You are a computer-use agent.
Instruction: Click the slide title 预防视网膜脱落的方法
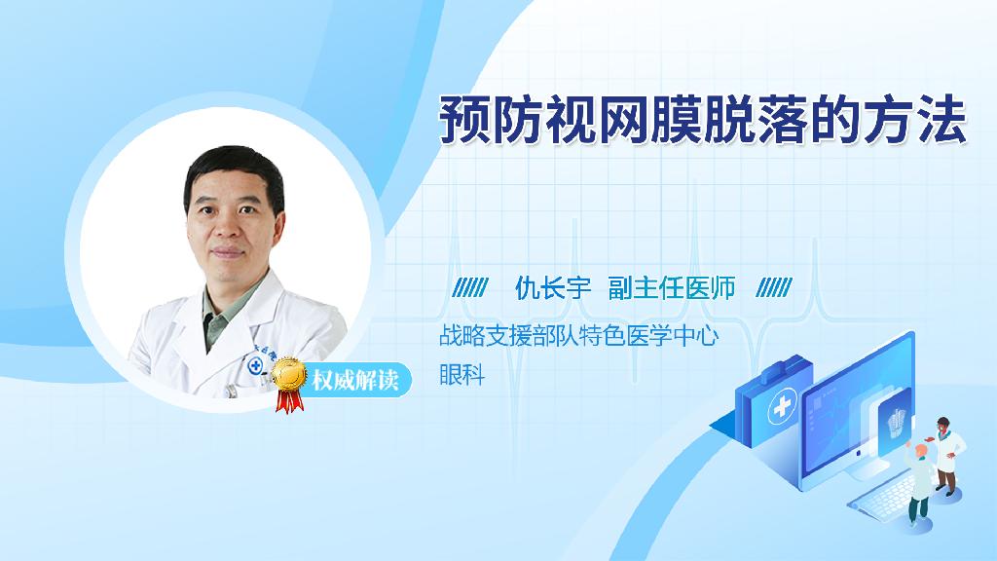click(703, 120)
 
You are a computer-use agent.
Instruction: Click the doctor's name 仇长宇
click(553, 288)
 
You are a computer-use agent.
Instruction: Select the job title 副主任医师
click(672, 288)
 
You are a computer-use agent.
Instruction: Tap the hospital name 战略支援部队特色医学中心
click(578, 336)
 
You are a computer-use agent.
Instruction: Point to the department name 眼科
click(462, 375)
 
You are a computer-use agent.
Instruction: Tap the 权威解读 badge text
click(354, 380)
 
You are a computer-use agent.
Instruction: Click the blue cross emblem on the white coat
click(256, 365)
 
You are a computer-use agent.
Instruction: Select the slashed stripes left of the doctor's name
click(470, 288)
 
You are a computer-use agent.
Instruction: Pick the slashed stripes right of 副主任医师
click(774, 288)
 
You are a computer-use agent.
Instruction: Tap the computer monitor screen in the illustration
click(858, 407)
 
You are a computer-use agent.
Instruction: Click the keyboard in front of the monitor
click(884, 496)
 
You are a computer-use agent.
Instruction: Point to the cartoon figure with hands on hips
click(946, 456)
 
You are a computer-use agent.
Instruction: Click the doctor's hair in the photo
click(233, 171)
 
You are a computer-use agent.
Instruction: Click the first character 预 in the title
click(464, 120)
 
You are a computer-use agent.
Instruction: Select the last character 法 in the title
click(942, 120)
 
